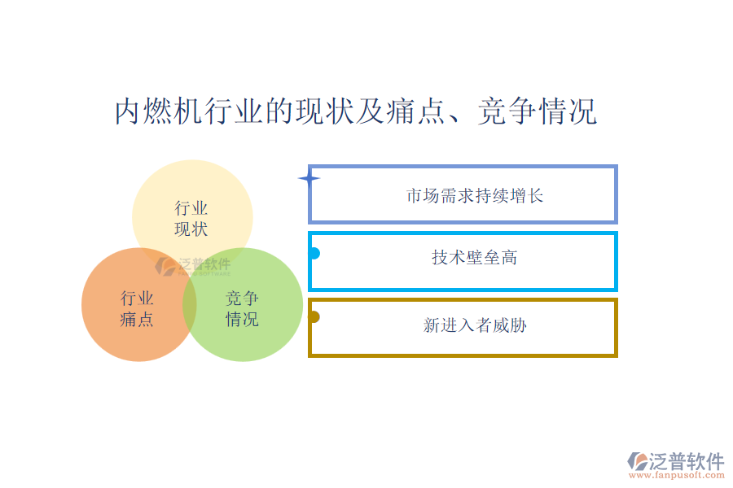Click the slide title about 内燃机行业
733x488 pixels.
tap(356, 111)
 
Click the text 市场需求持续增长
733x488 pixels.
tap(475, 196)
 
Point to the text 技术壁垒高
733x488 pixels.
tap(475, 257)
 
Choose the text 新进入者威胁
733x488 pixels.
tap(475, 325)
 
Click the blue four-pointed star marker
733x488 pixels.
tap(309, 178)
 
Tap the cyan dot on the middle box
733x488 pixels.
tap(314, 253)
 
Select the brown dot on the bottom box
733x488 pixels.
tap(314, 317)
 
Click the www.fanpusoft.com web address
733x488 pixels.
tap(677, 475)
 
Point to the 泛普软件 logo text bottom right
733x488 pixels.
tap(687, 461)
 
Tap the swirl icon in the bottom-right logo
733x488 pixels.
tap(638, 461)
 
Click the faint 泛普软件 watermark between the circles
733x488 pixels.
tap(193, 266)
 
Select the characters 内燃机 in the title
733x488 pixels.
tap(159, 111)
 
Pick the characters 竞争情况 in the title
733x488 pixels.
tap(538, 111)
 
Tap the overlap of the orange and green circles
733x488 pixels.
tap(189, 304)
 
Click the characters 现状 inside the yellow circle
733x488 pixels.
tap(191, 229)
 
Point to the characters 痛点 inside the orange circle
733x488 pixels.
tap(137, 320)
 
